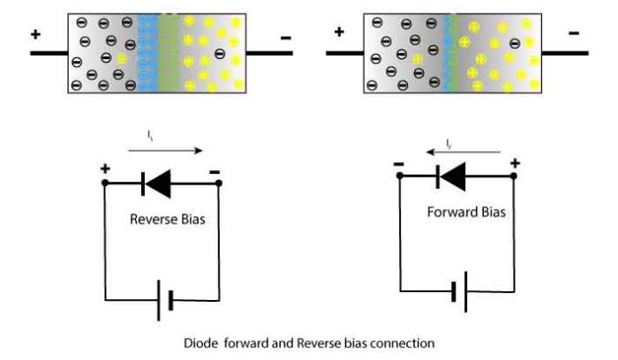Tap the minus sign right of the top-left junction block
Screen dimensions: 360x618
(285, 38)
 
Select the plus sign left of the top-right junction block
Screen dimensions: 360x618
(338, 33)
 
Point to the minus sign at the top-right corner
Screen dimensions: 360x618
(575, 34)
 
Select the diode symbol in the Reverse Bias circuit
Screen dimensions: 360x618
(156, 184)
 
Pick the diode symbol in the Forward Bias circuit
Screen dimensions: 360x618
(450, 176)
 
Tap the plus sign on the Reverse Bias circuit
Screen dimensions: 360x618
(104, 169)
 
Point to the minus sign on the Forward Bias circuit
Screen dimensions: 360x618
(399, 162)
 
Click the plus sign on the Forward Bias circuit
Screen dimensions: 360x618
(515, 162)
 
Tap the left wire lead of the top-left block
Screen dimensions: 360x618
(49, 53)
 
